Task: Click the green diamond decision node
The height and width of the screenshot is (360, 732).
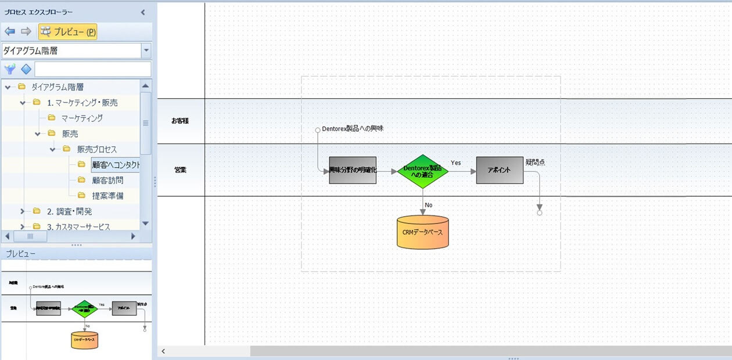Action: (422, 171)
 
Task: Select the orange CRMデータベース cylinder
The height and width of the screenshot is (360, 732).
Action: (422, 232)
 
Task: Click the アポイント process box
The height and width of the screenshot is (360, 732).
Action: (500, 170)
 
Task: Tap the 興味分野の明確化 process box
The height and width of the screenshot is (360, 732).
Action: (353, 170)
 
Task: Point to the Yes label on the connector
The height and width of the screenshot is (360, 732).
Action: (456, 163)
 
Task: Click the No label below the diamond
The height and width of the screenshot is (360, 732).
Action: (429, 205)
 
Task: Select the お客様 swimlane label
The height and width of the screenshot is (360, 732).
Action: (180, 121)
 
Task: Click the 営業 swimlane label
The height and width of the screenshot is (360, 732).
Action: (180, 170)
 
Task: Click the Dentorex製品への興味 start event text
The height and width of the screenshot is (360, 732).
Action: (353, 128)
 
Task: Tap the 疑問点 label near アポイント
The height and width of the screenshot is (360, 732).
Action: (535, 162)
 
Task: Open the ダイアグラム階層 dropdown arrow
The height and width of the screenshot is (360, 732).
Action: (146, 51)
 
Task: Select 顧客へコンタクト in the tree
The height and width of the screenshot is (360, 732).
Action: (116, 165)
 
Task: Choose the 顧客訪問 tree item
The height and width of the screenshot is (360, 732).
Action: (107, 181)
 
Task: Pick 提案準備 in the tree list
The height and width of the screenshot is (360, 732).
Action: (107, 196)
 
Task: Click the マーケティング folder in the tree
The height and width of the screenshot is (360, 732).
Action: (82, 118)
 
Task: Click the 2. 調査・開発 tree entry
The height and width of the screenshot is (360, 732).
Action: (69, 211)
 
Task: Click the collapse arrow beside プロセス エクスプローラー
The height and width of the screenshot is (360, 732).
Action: (143, 12)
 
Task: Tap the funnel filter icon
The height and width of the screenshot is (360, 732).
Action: (10, 70)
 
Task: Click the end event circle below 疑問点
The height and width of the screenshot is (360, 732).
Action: (539, 213)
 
